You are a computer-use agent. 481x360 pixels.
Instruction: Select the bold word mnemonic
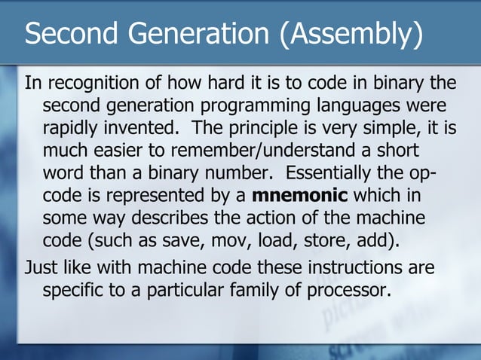299,197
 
